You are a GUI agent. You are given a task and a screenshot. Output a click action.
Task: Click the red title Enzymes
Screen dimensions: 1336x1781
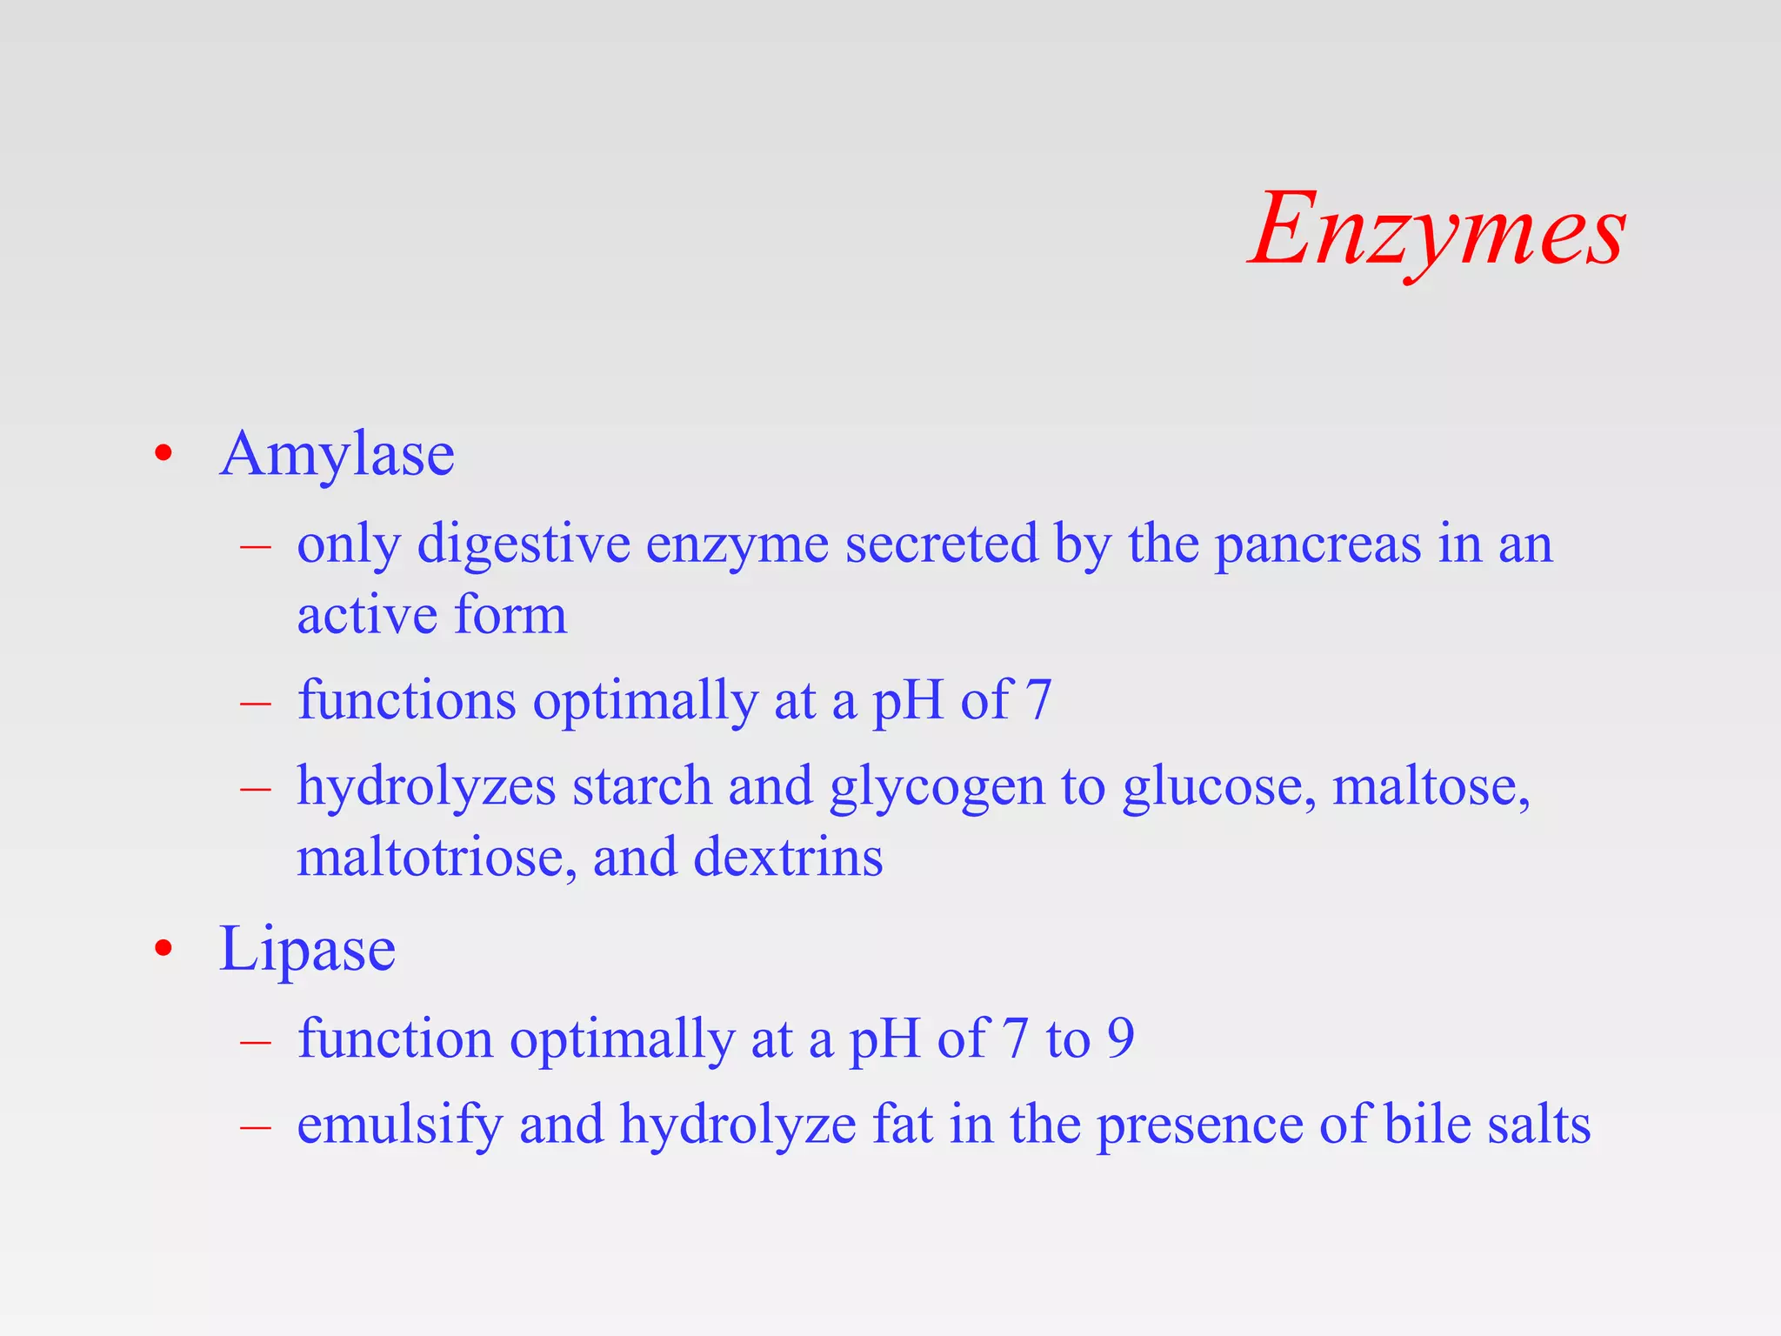click(1437, 230)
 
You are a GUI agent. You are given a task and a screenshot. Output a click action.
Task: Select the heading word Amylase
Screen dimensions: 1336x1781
click(337, 454)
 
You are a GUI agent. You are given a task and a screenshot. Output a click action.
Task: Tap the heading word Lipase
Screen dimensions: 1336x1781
click(307, 949)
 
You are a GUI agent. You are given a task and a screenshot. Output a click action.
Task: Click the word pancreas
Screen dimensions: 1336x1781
click(1317, 545)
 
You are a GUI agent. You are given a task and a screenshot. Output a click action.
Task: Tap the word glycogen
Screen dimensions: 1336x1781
click(936, 788)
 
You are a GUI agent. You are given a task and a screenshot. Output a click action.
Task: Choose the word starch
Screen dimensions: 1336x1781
click(641, 786)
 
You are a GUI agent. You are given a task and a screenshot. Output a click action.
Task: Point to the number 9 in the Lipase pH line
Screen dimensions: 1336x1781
click(1120, 1038)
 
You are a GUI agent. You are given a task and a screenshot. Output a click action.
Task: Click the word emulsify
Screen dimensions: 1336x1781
click(399, 1126)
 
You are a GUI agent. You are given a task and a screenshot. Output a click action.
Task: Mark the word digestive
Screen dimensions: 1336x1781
click(524, 545)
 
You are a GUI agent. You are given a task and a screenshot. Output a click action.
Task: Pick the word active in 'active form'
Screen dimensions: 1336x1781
click(366, 615)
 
